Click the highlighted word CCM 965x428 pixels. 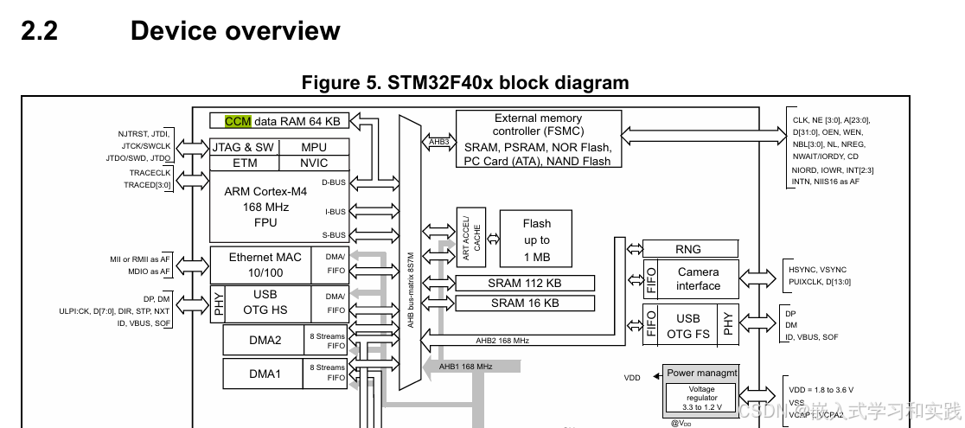238,121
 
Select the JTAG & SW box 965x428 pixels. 243,147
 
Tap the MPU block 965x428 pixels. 314,147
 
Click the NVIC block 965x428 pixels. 314,163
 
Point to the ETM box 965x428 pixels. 245,163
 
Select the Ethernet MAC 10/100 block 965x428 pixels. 265,264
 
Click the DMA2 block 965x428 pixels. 265,340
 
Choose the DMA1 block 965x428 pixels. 265,374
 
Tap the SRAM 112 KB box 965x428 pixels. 525,283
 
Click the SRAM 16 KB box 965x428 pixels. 525,303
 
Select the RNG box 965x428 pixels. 688,250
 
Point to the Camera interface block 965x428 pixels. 698,278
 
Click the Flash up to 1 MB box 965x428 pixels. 536,240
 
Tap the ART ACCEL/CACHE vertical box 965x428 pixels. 471,238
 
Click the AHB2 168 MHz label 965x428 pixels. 502,341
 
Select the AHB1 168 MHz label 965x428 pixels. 465,367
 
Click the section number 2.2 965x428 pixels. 38,31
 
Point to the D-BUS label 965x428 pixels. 333,182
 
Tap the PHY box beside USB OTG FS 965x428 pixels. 728,324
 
